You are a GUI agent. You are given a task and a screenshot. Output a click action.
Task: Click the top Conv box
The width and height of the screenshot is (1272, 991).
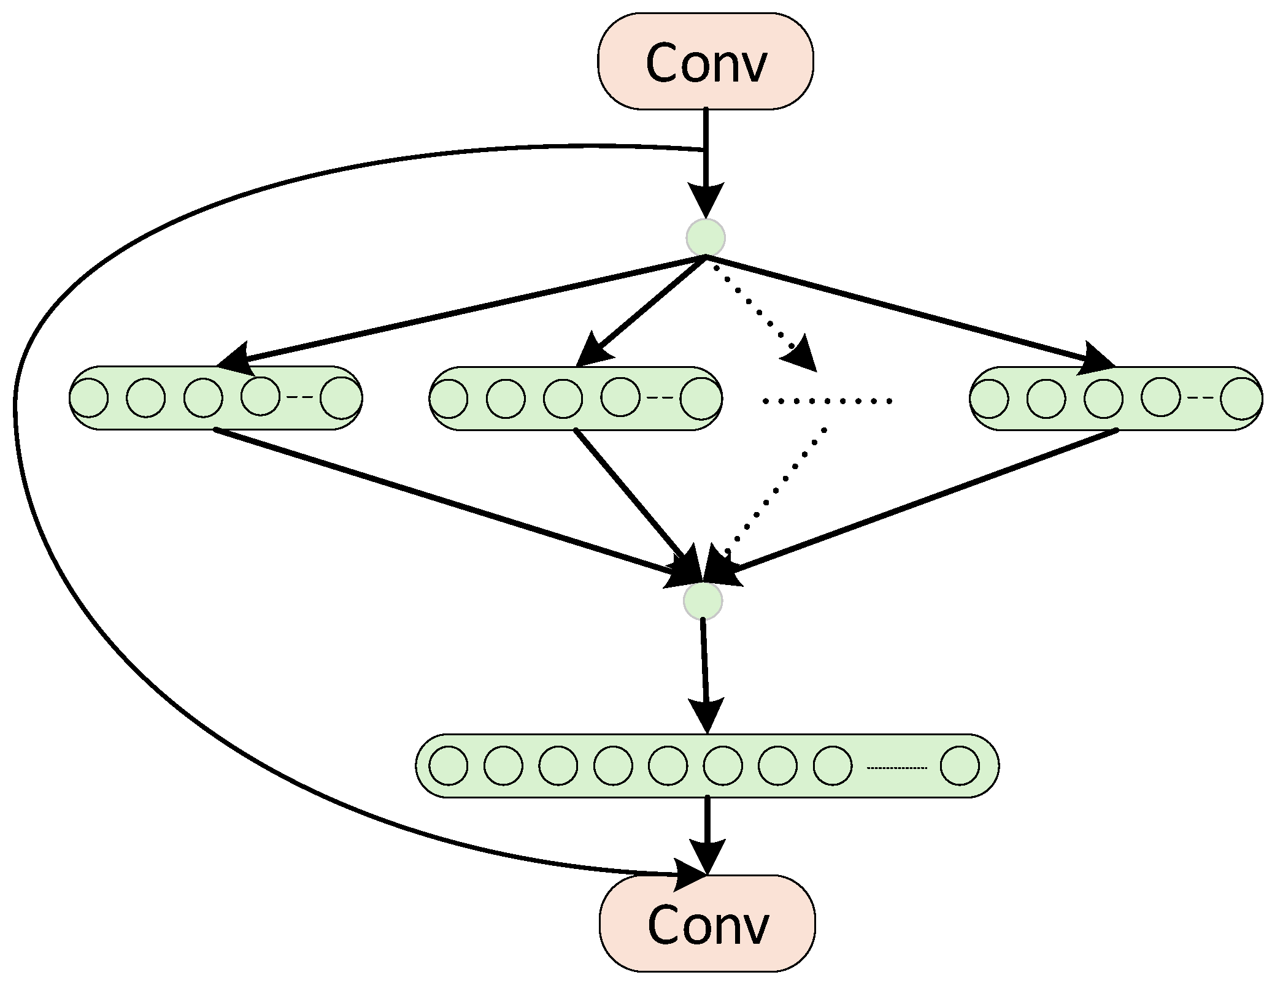[705, 61]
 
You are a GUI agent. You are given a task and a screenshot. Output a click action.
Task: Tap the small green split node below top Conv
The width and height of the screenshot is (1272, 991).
[706, 237]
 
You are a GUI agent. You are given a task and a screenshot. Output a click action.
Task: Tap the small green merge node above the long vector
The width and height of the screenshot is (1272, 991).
[703, 601]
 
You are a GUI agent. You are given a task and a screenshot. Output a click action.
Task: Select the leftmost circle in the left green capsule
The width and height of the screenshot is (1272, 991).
[89, 398]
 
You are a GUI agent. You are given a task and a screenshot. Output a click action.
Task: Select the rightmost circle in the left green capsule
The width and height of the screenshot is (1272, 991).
[339, 398]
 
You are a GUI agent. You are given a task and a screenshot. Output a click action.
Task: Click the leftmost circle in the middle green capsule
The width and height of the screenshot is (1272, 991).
[449, 399]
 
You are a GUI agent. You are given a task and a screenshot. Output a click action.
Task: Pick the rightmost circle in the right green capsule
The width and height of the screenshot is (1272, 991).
[1239, 399]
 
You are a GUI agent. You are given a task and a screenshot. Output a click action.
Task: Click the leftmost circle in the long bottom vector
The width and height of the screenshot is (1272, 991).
[448, 765]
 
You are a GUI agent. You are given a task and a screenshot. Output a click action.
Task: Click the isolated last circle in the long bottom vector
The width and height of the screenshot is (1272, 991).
[959, 765]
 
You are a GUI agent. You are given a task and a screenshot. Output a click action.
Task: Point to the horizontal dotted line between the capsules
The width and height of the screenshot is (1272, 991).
[827, 401]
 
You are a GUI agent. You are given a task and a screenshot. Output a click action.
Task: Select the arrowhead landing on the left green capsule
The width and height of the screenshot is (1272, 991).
[236, 359]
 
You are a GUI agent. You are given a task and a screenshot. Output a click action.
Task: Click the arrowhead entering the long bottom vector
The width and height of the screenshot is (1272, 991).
[706, 715]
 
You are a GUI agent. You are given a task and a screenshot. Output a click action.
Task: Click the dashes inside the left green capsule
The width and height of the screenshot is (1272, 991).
[300, 397]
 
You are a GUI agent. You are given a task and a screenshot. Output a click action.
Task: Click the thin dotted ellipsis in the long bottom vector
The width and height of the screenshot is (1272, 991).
[896, 768]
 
